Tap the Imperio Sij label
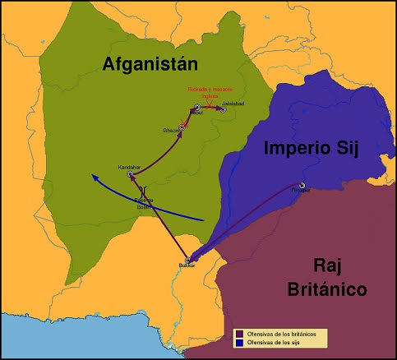click(312, 149)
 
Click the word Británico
click(327, 288)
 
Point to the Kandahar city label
click(130, 166)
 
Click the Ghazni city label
click(171, 131)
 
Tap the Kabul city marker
click(197, 108)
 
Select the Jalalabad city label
click(233, 103)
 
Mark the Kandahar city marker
click(130, 173)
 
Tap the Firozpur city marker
click(302, 185)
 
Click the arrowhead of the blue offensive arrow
click(94, 176)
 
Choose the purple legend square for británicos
click(238, 333)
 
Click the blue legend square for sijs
click(238, 341)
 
